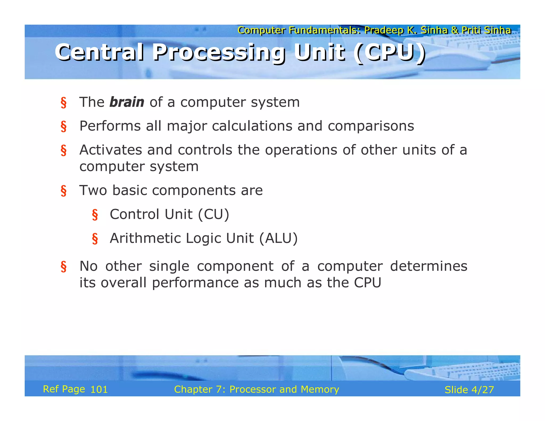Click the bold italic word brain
[x=127, y=102]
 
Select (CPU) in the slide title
[x=389, y=53]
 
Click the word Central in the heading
[x=99, y=53]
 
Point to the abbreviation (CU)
[x=213, y=214]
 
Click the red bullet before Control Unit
[x=95, y=215]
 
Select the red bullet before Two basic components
[x=63, y=191]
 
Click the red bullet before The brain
[x=63, y=103]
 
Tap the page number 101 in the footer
[x=99, y=390]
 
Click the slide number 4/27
[x=482, y=390]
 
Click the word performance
[x=195, y=283]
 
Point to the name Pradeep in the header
[x=383, y=30]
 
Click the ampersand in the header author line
[x=455, y=30]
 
